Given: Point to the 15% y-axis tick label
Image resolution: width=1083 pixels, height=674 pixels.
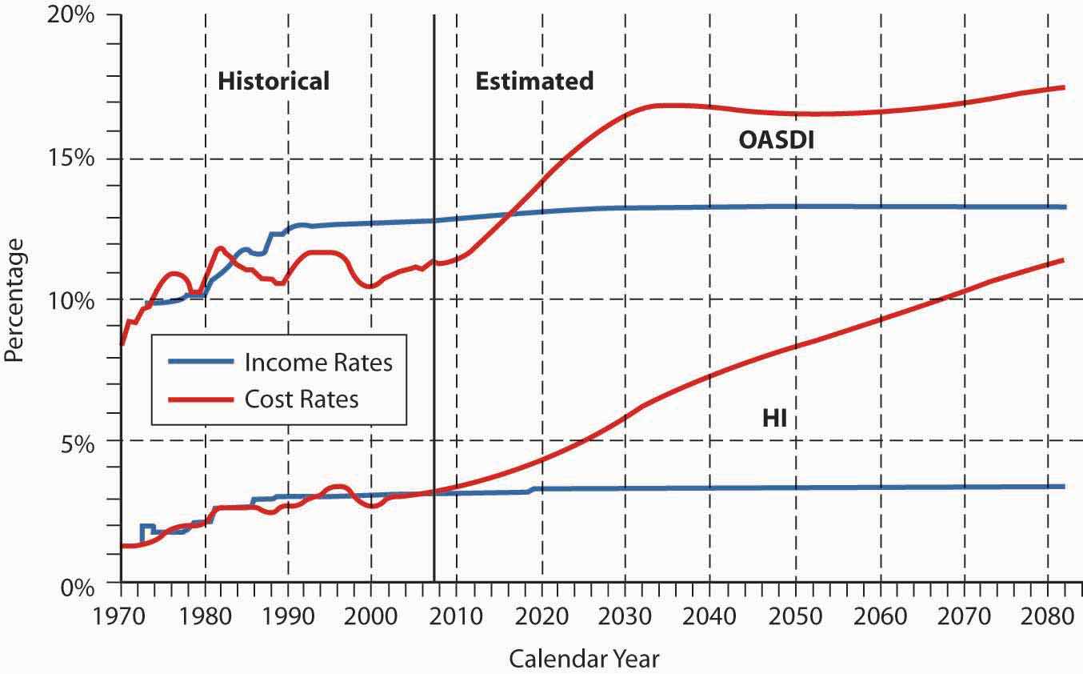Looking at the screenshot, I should point(74,158).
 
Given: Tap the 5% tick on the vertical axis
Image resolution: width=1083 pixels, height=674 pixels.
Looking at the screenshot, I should point(81,441).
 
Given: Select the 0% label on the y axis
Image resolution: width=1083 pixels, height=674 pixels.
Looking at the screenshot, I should point(81,587).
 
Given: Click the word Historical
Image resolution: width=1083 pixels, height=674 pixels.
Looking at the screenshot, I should point(274,81).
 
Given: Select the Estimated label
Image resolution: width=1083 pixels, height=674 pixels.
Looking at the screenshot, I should point(534,81).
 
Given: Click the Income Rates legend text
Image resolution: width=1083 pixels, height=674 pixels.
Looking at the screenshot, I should point(318,363).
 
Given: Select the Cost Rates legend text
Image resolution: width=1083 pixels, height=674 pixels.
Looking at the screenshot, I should point(302,399).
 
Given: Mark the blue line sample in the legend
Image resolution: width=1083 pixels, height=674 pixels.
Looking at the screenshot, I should point(199,362).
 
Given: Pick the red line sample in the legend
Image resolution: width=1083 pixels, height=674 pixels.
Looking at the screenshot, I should point(199,398).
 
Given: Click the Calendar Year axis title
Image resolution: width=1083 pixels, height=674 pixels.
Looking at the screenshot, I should point(584,659).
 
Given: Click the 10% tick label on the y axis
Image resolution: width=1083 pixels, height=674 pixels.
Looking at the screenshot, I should point(74,299).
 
